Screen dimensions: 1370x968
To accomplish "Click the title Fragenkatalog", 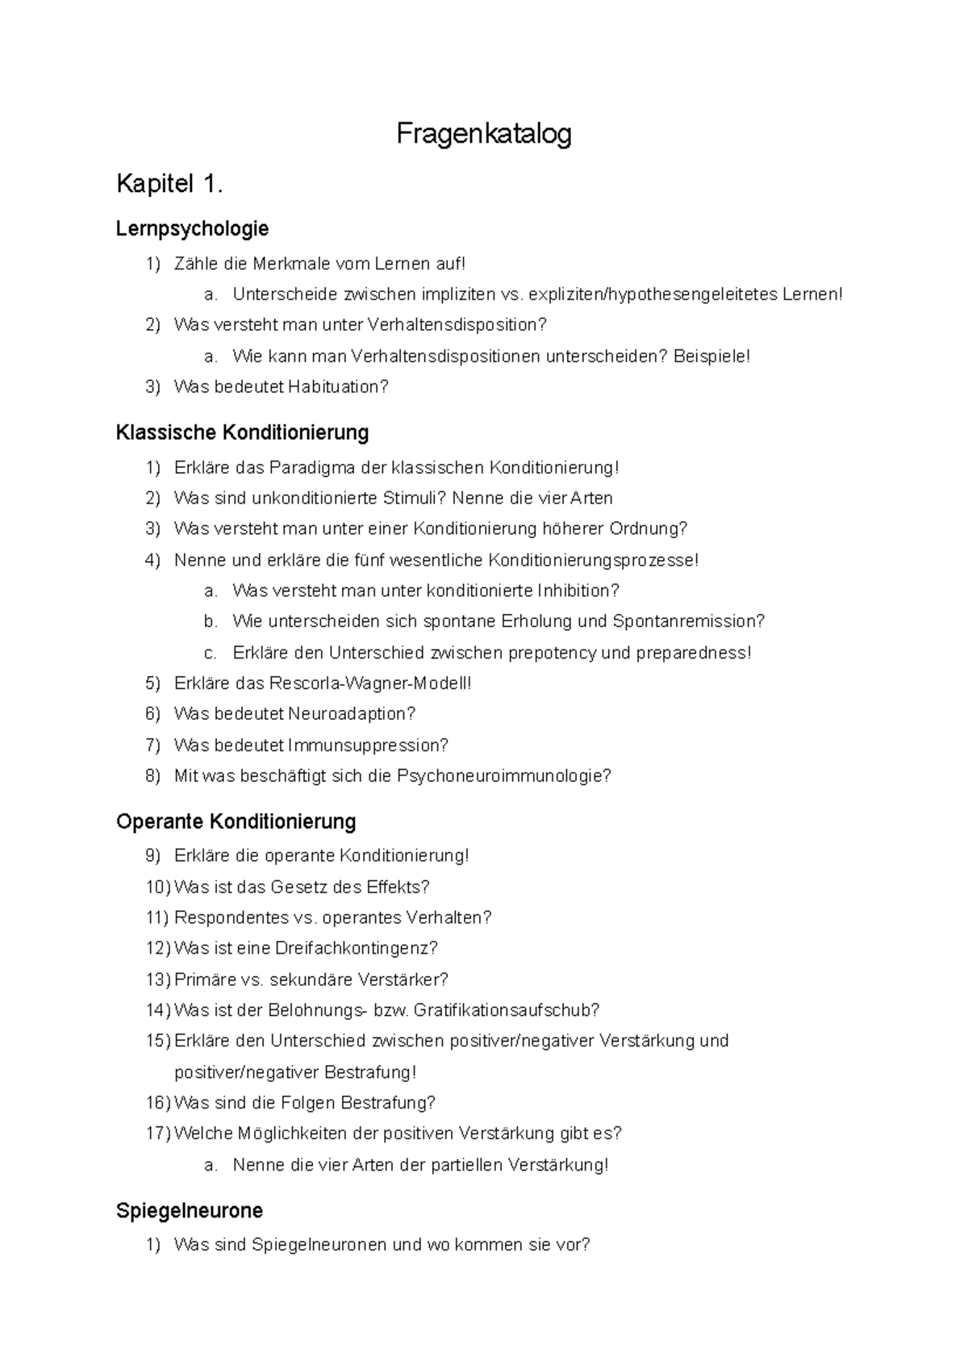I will click(483, 134).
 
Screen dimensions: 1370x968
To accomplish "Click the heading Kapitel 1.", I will click(169, 185).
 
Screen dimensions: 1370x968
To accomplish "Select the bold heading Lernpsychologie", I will click(192, 229).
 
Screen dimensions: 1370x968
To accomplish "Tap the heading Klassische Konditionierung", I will click(242, 432).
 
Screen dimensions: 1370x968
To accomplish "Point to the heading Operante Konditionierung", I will click(236, 821).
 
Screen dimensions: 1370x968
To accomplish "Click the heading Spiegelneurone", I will click(190, 1210).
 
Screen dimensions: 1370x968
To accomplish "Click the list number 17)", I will click(158, 1134).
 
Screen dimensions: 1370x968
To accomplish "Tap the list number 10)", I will click(158, 888).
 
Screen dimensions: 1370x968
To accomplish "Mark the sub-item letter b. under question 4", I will click(211, 621).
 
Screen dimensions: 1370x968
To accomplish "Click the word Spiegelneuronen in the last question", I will click(320, 1245).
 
